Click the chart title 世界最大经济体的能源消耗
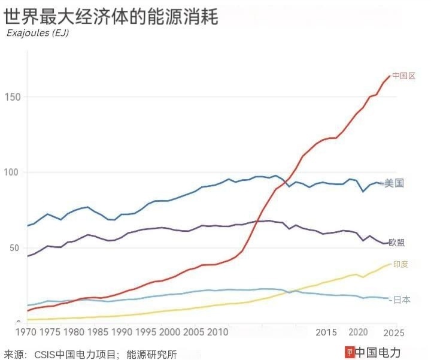pos(111,16)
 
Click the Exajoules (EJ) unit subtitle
pos(37,33)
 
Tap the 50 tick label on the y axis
pos(14,248)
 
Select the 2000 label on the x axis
pos(170,332)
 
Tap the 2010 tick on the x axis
pos(218,332)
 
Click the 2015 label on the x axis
pos(326,332)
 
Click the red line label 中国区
pos(404,76)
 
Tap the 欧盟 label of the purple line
pos(396,243)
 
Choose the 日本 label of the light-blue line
pos(402,300)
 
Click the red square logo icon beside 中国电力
pos(350,352)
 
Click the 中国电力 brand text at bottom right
pos(378,352)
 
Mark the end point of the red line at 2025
pos(390,75)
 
